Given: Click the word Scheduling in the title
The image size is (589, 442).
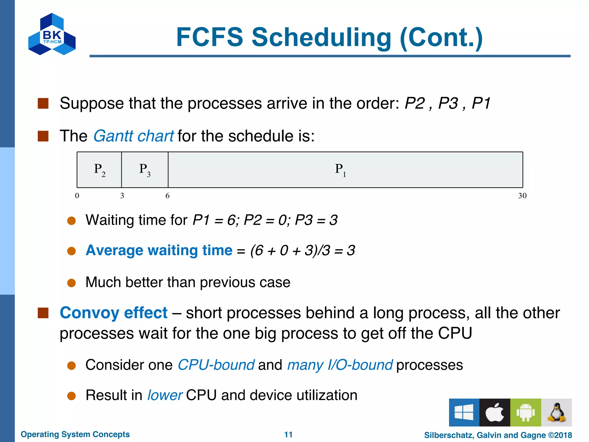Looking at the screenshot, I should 321,37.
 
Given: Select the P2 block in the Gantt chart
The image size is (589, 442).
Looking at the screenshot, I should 99,170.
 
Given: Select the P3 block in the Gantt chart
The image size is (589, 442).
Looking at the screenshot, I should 145,170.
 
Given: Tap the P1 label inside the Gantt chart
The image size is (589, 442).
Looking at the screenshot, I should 340,169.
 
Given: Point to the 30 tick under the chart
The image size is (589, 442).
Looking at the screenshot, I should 522,196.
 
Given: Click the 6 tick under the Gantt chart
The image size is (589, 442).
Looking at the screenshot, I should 167,196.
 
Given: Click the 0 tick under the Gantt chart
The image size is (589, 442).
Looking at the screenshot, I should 77,196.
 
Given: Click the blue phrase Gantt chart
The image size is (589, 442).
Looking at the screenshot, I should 133,136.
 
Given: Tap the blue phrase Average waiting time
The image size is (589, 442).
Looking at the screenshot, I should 159,250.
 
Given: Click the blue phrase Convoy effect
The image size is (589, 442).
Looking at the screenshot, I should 113,313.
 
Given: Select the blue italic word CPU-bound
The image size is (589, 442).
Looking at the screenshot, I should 216,365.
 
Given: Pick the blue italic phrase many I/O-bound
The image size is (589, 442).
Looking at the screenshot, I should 340,365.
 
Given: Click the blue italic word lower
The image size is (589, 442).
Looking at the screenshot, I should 165,395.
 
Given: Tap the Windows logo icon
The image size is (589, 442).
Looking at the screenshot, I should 464,412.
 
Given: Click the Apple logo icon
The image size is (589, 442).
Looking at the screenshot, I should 495,412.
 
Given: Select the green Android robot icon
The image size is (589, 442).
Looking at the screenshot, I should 525,412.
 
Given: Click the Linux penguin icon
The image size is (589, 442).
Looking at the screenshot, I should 557,412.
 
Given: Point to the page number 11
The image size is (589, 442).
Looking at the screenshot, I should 288,435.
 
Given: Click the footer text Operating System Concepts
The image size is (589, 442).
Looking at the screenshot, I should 75,434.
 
